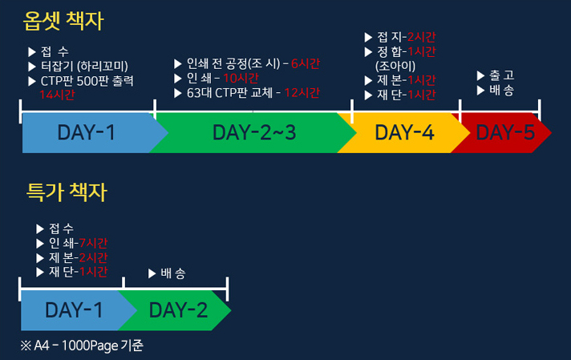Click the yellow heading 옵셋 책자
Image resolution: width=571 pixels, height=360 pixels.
click(63, 21)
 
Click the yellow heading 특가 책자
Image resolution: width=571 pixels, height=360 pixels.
click(67, 192)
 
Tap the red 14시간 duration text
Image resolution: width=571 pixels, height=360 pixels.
click(57, 95)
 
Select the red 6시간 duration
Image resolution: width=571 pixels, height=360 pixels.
click(306, 63)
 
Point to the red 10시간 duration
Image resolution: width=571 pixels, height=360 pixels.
click(241, 78)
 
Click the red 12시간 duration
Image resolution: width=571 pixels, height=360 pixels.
click(302, 93)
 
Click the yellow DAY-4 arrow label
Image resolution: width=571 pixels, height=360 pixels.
click(404, 132)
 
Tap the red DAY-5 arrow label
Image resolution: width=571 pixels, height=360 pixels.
click(505, 132)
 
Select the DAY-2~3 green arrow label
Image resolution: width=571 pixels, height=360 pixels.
click(254, 132)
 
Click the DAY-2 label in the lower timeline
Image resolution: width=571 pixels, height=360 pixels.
click(178, 310)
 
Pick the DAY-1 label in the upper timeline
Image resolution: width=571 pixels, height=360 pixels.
click(87, 132)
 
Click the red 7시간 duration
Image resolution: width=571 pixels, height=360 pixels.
click(93, 243)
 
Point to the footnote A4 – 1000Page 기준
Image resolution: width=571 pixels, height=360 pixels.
click(82, 346)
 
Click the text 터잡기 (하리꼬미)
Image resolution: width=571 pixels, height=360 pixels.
click(84, 67)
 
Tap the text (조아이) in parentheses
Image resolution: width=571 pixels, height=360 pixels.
click(395, 67)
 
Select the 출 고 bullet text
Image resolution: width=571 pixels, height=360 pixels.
click(501, 75)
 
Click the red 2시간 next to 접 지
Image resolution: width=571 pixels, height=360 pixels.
click(421, 37)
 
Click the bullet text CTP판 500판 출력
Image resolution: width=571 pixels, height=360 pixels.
click(87, 81)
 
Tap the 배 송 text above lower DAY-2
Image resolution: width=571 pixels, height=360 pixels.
click(173, 273)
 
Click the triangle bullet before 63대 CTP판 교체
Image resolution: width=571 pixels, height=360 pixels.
click(178, 94)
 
